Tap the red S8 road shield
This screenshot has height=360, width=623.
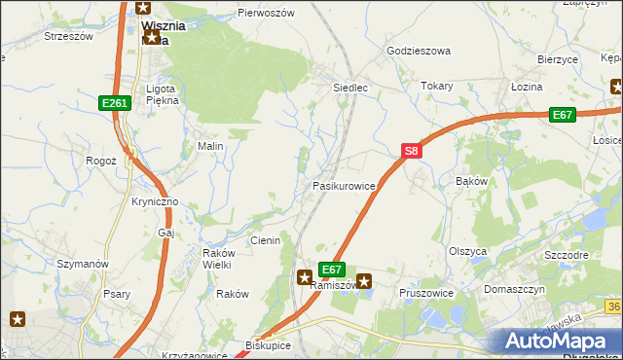[412, 151]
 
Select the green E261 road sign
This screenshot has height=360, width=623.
[114, 102]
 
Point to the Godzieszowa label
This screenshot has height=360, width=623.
[420, 51]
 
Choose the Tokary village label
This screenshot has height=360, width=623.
[437, 86]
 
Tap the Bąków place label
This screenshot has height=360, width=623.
[471, 182]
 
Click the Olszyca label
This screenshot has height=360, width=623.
[467, 250]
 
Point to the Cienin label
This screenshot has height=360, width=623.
[265, 240]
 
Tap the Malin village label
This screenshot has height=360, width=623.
[211, 146]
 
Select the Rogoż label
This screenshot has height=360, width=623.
[101, 161]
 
